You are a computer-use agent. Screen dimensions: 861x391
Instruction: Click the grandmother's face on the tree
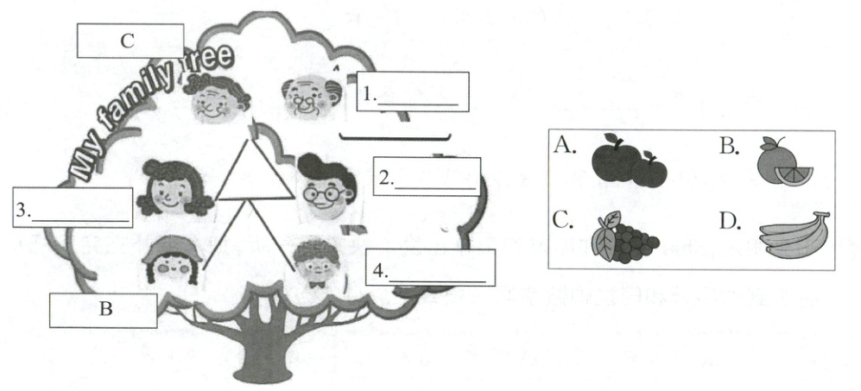coord(215,98)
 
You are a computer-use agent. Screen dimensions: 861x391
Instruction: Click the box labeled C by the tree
coord(130,40)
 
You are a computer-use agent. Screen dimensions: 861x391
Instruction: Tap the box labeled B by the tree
coord(104,310)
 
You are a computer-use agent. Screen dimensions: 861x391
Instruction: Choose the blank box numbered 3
coord(73,208)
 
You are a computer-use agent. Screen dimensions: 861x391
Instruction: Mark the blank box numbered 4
coord(430,268)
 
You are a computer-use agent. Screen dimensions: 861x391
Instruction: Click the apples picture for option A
coord(629,161)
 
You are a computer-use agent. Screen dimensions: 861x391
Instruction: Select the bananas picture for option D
coord(792,235)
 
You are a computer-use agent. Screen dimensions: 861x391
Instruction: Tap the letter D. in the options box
coord(730,221)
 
